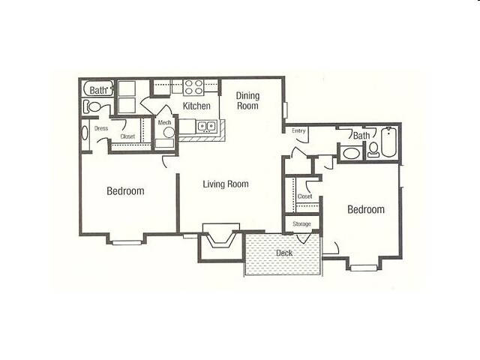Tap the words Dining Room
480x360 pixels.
(247, 100)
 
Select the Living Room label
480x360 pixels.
(226, 184)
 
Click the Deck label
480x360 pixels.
(283, 253)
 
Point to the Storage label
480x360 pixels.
(301, 223)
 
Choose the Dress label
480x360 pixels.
(101, 128)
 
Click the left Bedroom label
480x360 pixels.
(125, 191)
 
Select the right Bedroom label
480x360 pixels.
(366, 209)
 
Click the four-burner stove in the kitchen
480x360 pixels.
(194, 86)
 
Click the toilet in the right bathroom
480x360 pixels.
(373, 152)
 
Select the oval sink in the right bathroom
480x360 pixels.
(350, 154)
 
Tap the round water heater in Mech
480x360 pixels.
(168, 133)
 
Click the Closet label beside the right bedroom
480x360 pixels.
(304, 196)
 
